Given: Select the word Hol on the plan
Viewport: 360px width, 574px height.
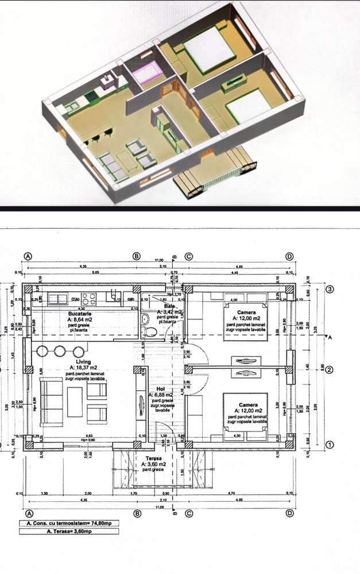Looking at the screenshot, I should coord(160,388).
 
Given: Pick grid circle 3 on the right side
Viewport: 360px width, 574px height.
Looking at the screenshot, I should coord(330,290).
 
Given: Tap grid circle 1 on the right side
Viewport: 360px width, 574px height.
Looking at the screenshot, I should coord(330,444).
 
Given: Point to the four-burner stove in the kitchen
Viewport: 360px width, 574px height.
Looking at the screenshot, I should coord(88,299).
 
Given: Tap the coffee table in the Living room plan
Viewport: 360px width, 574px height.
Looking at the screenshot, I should coord(75,402).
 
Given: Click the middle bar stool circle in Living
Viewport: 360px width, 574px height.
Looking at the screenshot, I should coord(60,352).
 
